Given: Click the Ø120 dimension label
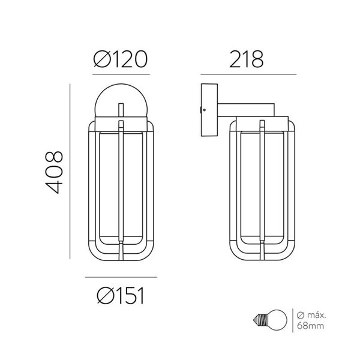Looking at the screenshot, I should click(121, 59).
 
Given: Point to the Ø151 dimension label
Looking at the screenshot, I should click(121, 295).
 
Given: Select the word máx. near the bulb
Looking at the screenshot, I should click(316, 316).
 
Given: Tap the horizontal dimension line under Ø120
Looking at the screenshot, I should click(121, 75).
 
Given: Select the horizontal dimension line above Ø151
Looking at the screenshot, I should click(121, 278).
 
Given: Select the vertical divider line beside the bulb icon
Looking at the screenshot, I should click(292, 322).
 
